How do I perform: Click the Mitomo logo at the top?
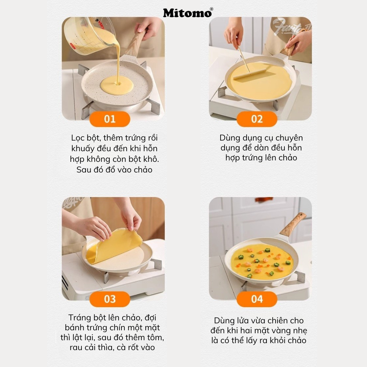point(187,13)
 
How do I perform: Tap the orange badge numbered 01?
point(110,119)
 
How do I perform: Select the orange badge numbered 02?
point(257,119)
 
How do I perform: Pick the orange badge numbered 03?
point(110,299)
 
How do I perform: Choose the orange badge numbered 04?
point(257,299)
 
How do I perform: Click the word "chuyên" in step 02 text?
point(289,138)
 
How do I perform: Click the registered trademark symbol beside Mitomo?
point(211,9)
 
